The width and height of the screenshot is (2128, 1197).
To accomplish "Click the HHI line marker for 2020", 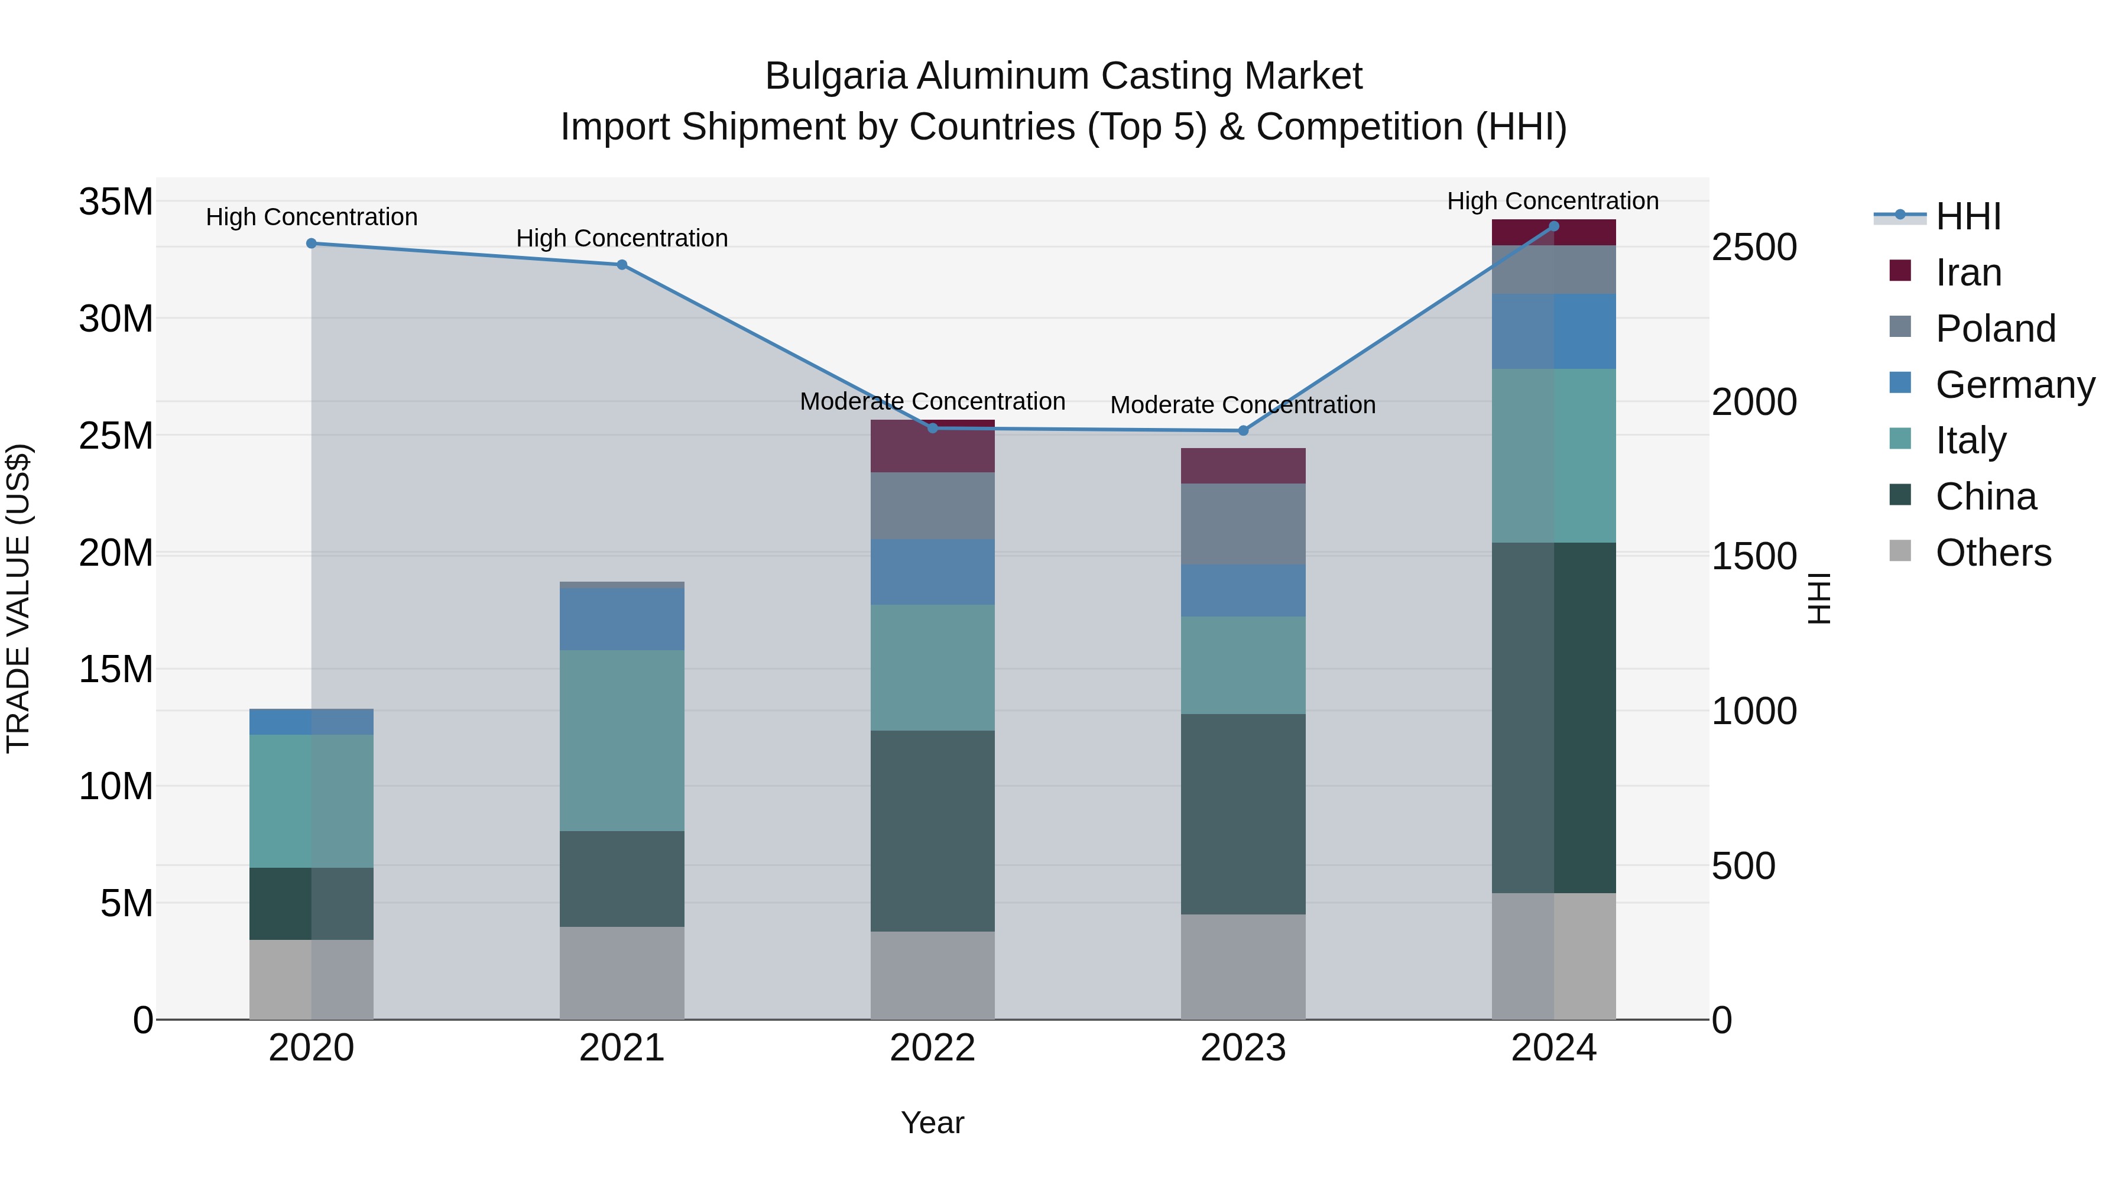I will pyautogui.click(x=312, y=243).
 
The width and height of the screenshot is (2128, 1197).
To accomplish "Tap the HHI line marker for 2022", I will pyautogui.click(x=933, y=428).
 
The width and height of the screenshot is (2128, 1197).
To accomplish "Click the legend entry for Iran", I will pyautogui.click(x=1968, y=273).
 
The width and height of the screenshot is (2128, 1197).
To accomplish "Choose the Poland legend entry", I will pyautogui.click(x=1995, y=329).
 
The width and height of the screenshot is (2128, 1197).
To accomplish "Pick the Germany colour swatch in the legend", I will pyautogui.click(x=1900, y=383).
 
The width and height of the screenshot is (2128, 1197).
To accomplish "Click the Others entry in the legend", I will pyautogui.click(x=1993, y=553).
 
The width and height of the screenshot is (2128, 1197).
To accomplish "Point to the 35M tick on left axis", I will pyautogui.click(x=116, y=202).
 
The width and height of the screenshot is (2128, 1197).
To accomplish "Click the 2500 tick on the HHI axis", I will pyautogui.click(x=1753, y=247).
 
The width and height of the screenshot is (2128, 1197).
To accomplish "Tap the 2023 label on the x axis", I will pyautogui.click(x=1243, y=1048).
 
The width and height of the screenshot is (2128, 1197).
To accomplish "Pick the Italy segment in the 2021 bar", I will pyautogui.click(x=622, y=740).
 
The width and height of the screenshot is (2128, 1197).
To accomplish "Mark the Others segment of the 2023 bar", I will pyautogui.click(x=1243, y=966).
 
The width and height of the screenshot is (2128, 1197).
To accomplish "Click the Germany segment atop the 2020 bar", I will pyautogui.click(x=312, y=721).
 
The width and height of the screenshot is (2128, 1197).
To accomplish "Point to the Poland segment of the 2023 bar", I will pyautogui.click(x=1243, y=524).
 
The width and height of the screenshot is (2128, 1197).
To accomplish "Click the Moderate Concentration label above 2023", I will pyautogui.click(x=1243, y=405).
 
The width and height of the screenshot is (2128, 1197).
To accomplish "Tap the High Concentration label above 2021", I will pyautogui.click(x=622, y=238).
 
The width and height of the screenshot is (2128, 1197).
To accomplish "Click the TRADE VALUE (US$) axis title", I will pyautogui.click(x=18, y=598).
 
